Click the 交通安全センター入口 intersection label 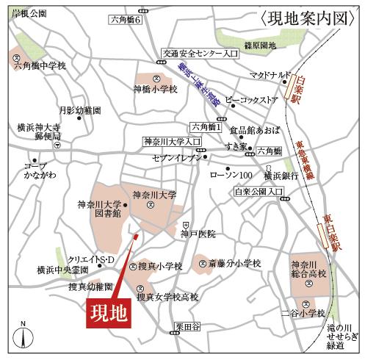[x=200, y=54]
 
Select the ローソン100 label [x=231, y=175]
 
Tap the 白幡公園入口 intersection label [x=259, y=192]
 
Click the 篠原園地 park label [x=259, y=46]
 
